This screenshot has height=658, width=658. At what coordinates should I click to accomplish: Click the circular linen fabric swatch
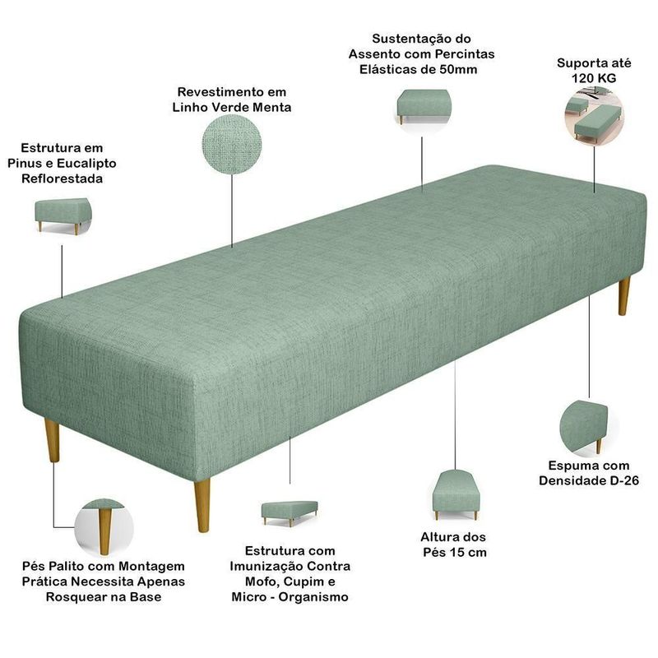pos(232,144)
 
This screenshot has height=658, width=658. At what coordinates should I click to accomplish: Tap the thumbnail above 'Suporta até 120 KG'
pos(594,115)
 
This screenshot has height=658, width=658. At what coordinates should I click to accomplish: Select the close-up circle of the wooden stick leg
pos(104,527)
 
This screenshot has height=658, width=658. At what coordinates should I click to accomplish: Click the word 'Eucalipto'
pos(86,163)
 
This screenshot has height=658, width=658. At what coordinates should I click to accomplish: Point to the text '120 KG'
pos(594,78)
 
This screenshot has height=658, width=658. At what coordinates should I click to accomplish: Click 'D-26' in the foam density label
pos(624,480)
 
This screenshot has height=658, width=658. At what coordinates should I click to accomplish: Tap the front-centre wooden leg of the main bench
pos(202,506)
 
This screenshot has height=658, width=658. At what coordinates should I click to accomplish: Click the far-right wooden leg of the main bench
pos(624,295)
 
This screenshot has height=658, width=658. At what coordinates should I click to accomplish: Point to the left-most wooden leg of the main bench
pos(53,440)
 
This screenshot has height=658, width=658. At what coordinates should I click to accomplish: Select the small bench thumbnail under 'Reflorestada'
pos(63,216)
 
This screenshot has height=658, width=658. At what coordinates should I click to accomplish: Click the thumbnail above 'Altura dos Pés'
pos(456,495)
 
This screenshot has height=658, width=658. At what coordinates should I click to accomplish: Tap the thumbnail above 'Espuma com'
pos(584,428)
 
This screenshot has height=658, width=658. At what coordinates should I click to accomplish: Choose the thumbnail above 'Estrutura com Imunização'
pos(290,513)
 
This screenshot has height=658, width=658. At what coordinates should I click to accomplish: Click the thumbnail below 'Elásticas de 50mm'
pos(423,107)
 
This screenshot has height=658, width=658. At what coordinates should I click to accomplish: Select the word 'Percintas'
pos(465,54)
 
